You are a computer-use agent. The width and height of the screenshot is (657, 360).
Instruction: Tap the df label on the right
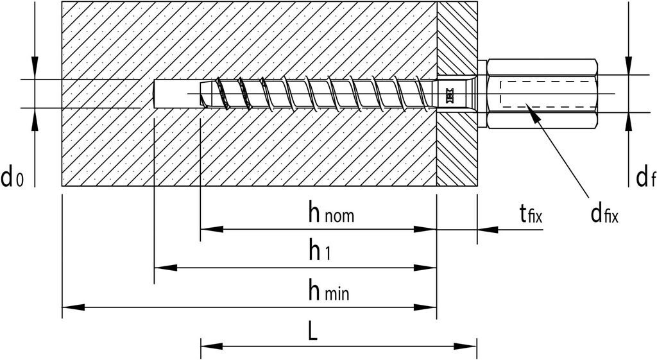645,178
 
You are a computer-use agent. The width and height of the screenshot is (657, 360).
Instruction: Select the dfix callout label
604,214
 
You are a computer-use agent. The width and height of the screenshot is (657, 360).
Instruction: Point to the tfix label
531,214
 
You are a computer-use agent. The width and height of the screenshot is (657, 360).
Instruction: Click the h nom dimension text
331,214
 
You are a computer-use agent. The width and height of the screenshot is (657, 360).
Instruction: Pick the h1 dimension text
319,252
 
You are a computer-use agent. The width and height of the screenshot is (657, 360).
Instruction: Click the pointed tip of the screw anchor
204,94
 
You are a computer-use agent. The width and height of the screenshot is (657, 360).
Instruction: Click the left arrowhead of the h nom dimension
211,228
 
